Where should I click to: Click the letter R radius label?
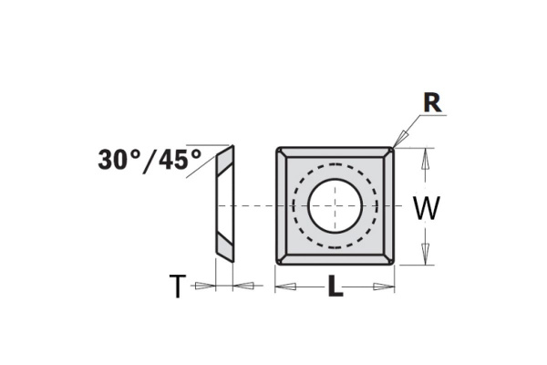[x=432, y=103]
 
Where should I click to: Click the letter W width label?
[x=426, y=209]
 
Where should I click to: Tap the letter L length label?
[x=335, y=289]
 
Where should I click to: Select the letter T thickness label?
[x=177, y=288]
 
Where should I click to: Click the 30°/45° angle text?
[x=150, y=160]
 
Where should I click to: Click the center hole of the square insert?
[x=335, y=205]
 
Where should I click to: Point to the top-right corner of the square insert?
[x=393, y=148]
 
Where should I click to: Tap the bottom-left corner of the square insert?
[x=277, y=264]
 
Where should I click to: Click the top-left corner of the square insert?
[x=277, y=148]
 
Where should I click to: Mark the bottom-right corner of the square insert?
[x=393, y=264]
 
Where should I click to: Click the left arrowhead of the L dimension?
[x=285, y=287]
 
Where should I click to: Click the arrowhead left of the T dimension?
[x=207, y=287]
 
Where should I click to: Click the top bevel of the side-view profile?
[x=224, y=160]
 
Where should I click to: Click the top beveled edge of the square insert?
[x=335, y=152]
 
